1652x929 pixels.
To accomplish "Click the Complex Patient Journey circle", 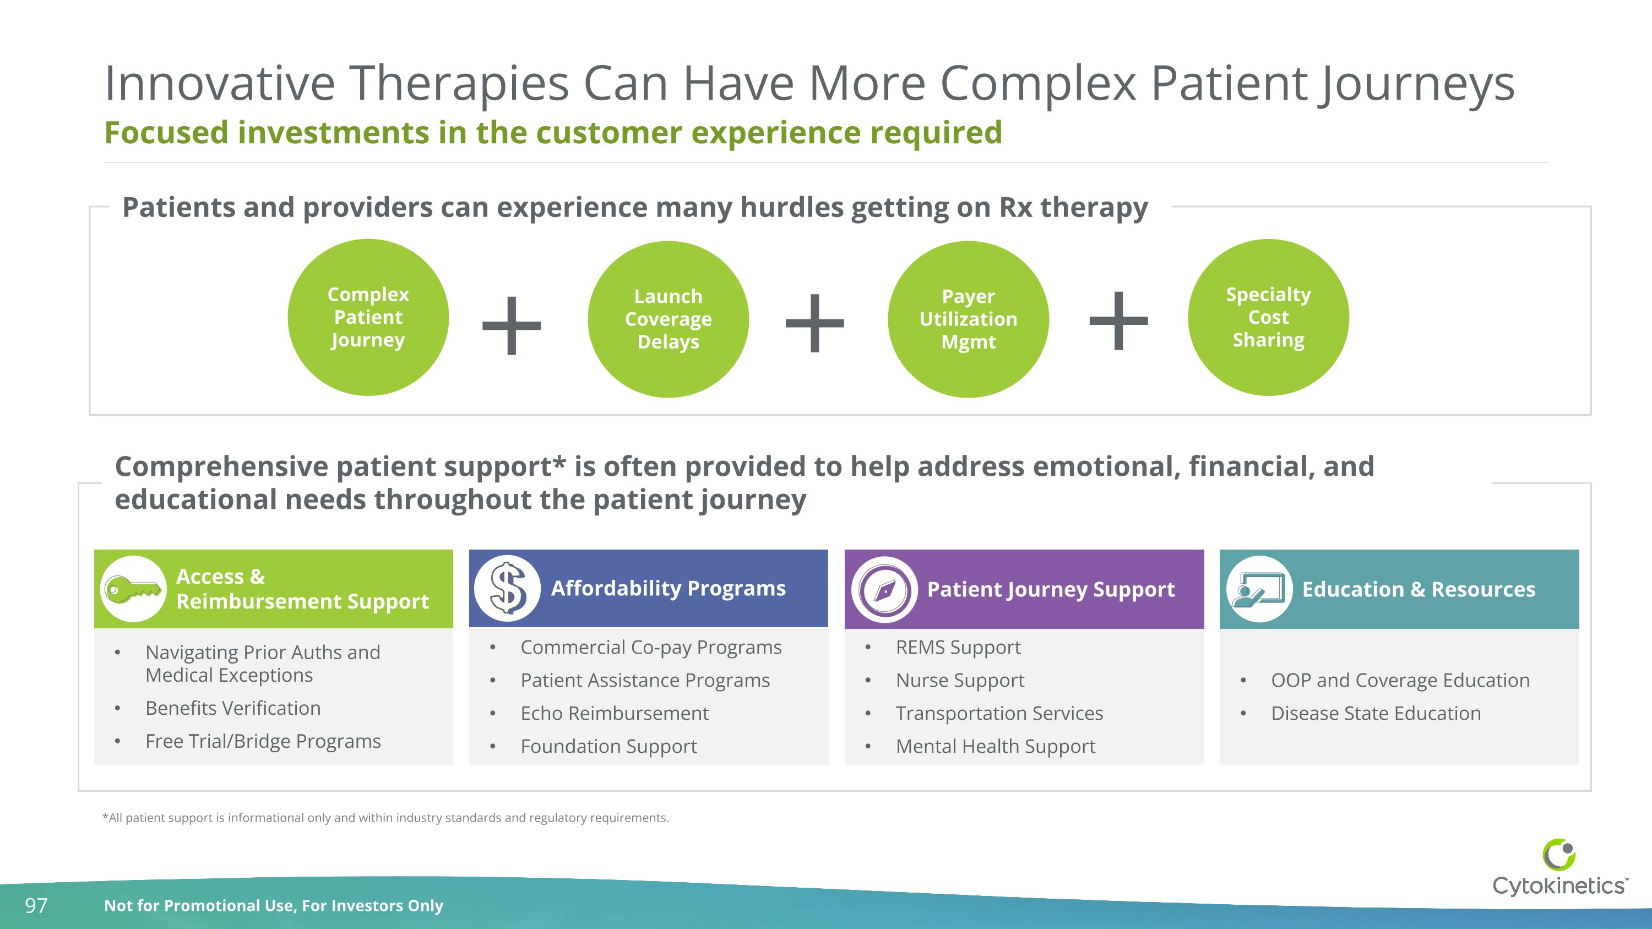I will point(368,317).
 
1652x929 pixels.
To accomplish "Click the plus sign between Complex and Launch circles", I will point(511,325).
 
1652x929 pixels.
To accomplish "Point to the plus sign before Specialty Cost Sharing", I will point(1118,320).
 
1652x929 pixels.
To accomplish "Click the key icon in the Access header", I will point(133,589).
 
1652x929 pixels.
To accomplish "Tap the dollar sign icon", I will point(507,588).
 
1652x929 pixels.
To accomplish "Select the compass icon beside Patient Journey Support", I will point(884,589).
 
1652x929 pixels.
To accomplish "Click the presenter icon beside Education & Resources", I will point(1259,589).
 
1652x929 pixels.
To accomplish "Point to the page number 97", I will point(36,905).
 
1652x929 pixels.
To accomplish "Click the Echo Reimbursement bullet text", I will point(615,713).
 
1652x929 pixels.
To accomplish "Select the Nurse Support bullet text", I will point(959,680).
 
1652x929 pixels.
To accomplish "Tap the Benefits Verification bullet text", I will point(233,708).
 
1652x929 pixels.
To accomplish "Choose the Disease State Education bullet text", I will point(1376,713).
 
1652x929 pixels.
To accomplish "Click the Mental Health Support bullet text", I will point(995,746).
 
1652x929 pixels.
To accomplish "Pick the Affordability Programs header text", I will point(669,588).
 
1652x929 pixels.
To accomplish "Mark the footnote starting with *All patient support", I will point(385,817).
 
